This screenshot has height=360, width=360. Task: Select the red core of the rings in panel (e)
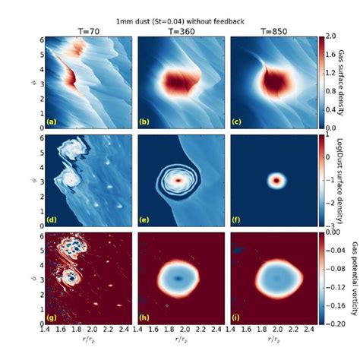tap(178, 181)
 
